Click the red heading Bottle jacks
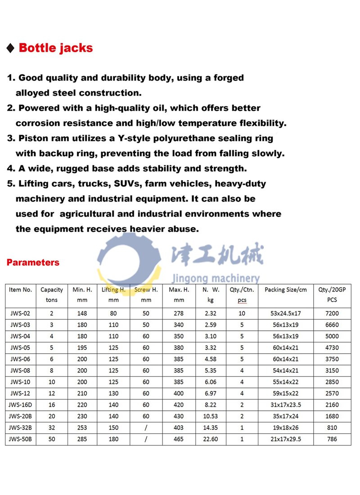55,48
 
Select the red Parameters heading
33,262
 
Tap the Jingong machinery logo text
215,278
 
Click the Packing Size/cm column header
285,290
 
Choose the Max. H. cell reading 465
179,439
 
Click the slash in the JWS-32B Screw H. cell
146,427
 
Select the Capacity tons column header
52,295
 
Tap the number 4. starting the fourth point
11,169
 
